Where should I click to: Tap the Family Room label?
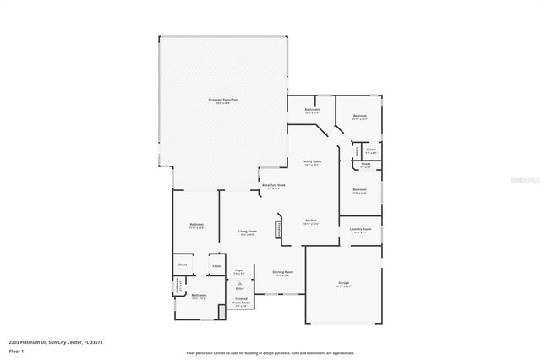tap(312, 162)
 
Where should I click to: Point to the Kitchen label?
tap(311, 221)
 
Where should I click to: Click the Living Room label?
tap(247, 233)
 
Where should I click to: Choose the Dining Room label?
tap(282, 273)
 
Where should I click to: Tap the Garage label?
tap(344, 284)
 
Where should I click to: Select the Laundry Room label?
tap(361, 230)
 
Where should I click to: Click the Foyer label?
tap(239, 271)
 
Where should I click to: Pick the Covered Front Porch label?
tap(241, 302)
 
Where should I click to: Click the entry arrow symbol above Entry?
tap(239, 282)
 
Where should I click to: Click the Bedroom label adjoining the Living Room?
tap(196, 225)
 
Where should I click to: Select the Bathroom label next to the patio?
tap(312, 110)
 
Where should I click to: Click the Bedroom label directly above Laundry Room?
tap(359, 191)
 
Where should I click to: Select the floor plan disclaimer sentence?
tap(270, 352)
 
